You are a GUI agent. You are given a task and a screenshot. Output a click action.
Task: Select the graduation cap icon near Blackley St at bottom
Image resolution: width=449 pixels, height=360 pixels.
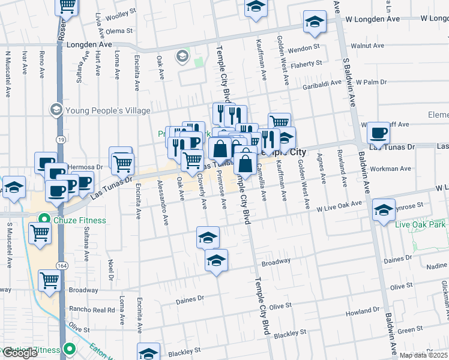148,353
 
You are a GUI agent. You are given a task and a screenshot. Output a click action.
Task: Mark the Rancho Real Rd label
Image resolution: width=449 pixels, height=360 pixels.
92,310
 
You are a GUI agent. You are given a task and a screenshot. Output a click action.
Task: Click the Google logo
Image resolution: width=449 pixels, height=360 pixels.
20,353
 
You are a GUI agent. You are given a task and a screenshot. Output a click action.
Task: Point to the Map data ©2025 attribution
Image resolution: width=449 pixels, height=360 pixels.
423,355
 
